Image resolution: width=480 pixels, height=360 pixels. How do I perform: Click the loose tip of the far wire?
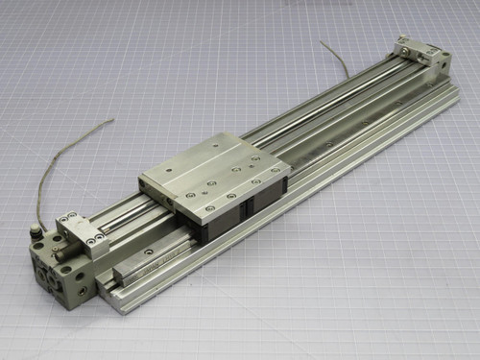tap(323, 42)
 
